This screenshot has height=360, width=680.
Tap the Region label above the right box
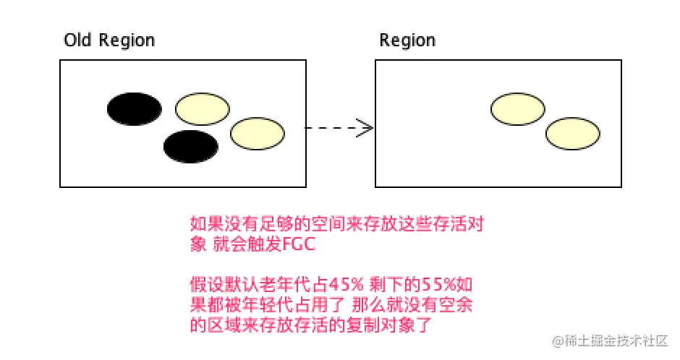point(407,40)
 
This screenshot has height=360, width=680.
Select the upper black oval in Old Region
point(135,109)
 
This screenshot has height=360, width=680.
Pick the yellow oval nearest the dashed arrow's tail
point(258,133)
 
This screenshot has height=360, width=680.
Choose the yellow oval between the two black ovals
point(203,109)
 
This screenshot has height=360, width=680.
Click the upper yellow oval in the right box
point(518,109)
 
